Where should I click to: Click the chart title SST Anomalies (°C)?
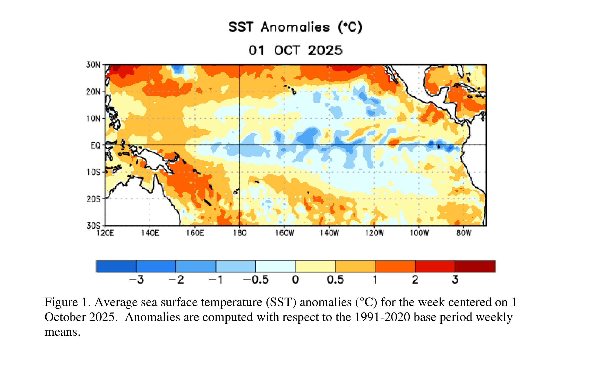(x=295, y=27)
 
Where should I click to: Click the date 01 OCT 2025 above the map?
(x=295, y=50)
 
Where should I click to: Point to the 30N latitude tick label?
(x=93, y=65)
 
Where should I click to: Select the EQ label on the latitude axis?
(x=95, y=145)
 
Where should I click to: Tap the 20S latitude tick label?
(x=93, y=199)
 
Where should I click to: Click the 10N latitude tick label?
(x=93, y=119)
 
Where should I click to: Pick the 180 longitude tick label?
(x=240, y=233)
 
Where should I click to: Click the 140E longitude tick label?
(x=150, y=233)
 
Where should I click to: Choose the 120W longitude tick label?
(x=374, y=233)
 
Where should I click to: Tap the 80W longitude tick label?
(x=464, y=233)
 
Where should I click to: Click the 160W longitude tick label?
(x=285, y=233)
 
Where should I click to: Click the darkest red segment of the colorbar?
(x=475, y=266)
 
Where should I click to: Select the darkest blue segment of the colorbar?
(x=116, y=266)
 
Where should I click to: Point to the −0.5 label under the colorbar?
(x=256, y=280)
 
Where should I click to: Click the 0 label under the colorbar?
(x=296, y=280)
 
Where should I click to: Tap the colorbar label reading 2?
(x=415, y=280)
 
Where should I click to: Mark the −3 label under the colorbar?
(x=136, y=280)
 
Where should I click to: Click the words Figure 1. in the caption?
(x=67, y=302)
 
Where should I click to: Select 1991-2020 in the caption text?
(x=382, y=317)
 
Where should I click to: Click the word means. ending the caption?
(x=63, y=332)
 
